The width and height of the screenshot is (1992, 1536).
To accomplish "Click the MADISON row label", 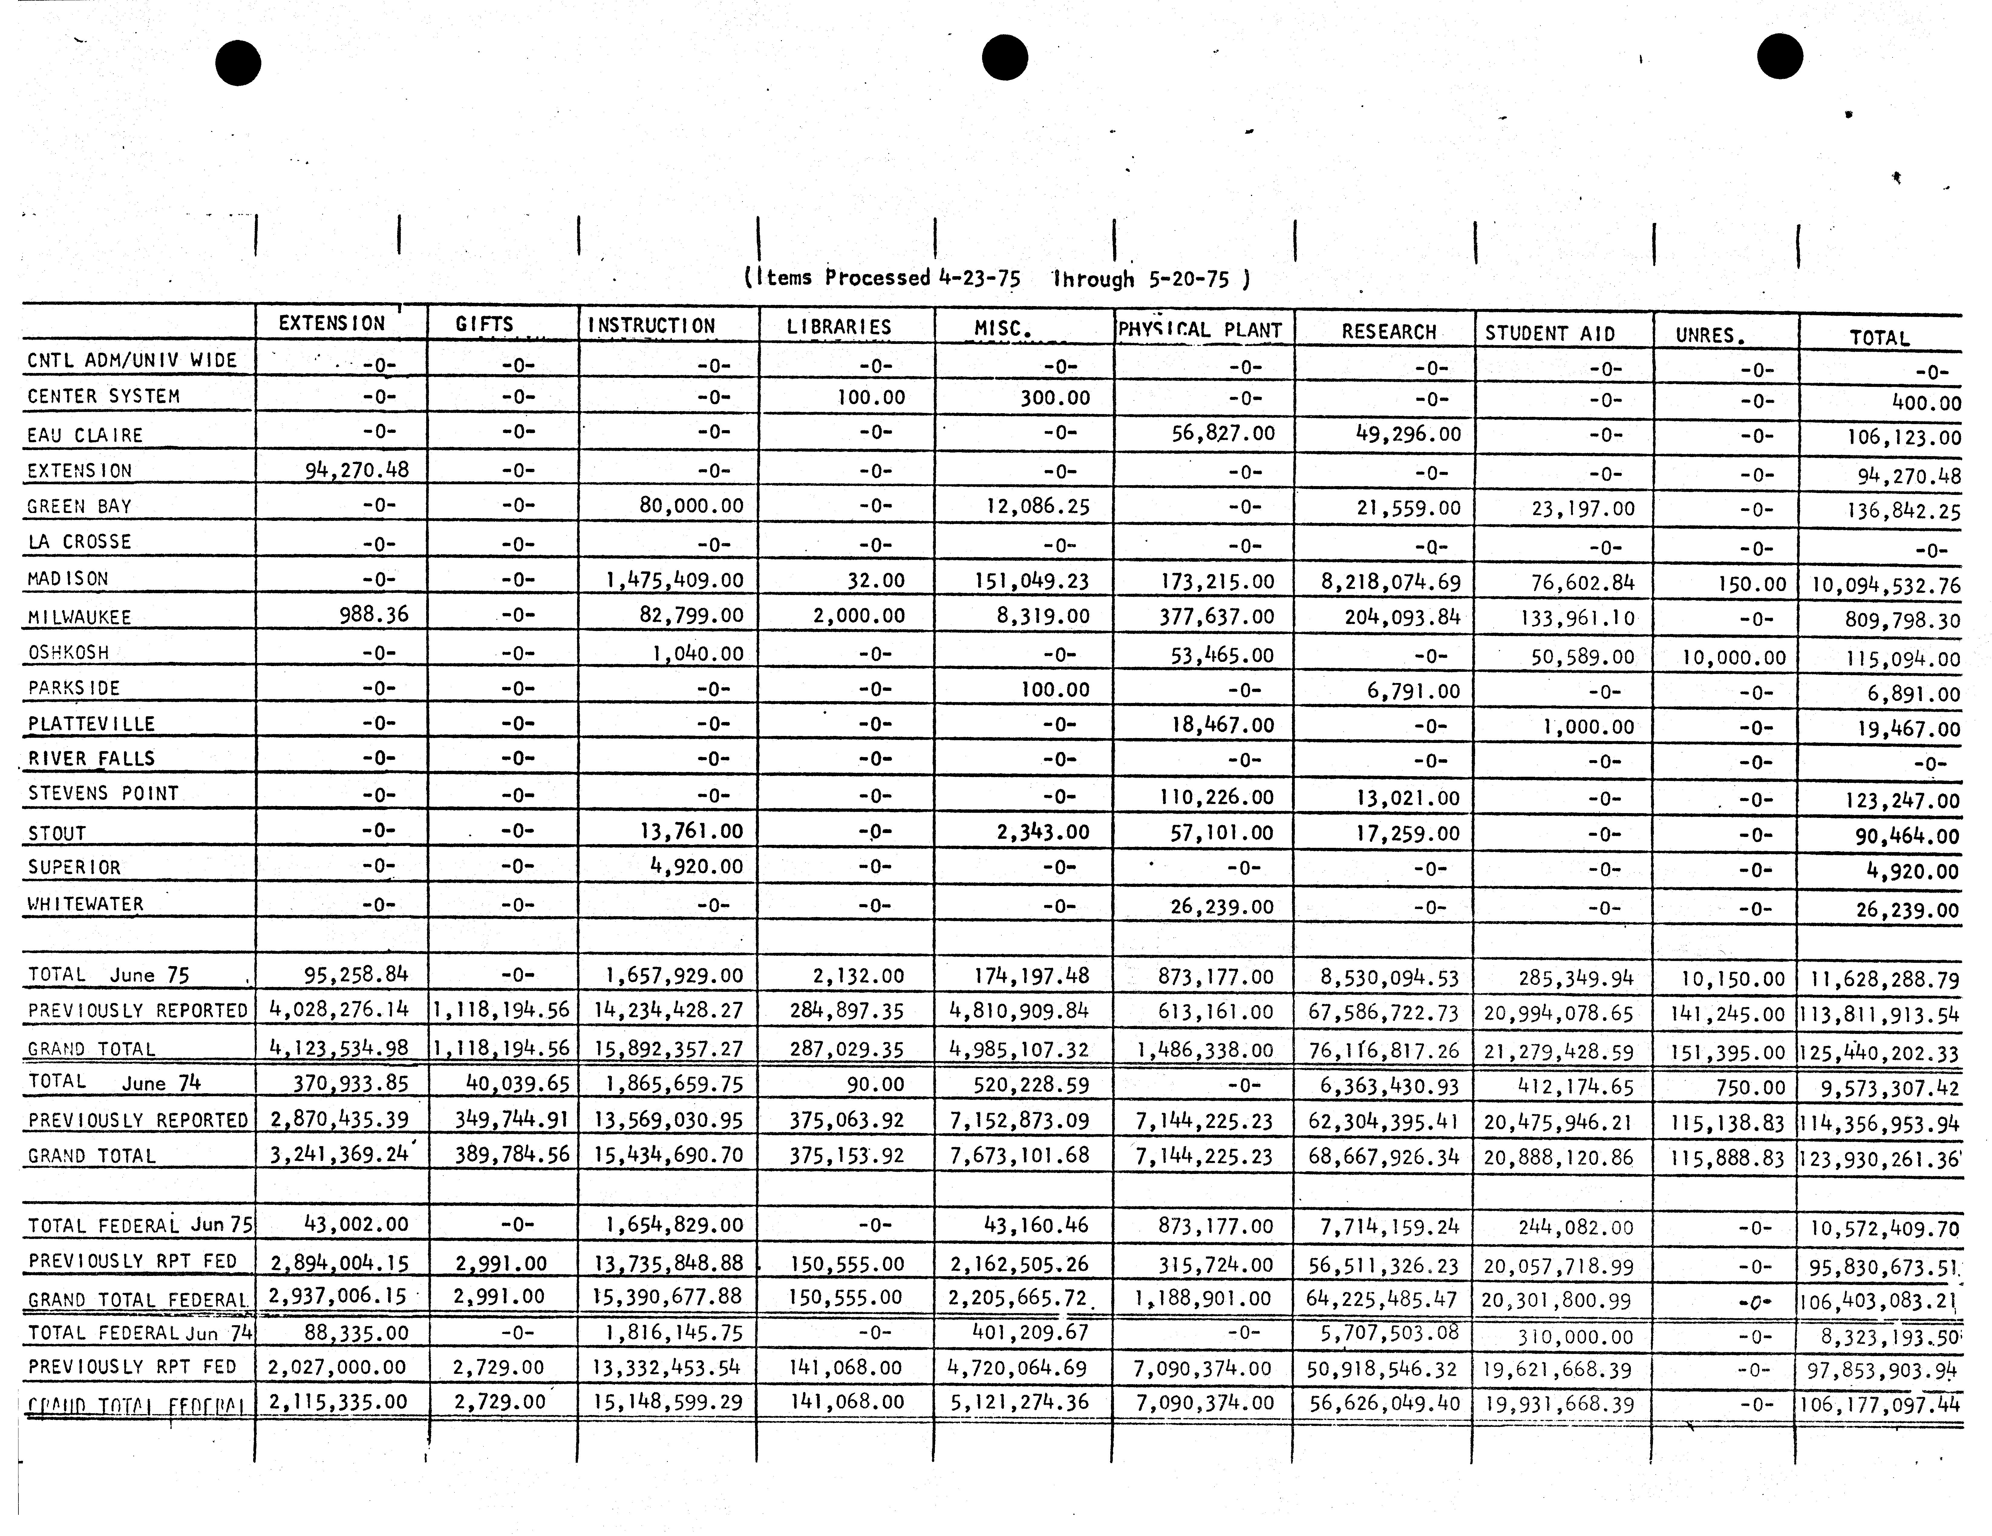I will coord(68,579).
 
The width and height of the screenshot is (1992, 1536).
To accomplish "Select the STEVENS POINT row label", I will coord(103,793).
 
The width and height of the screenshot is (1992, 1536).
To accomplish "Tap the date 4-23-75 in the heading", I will coord(979,278).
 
